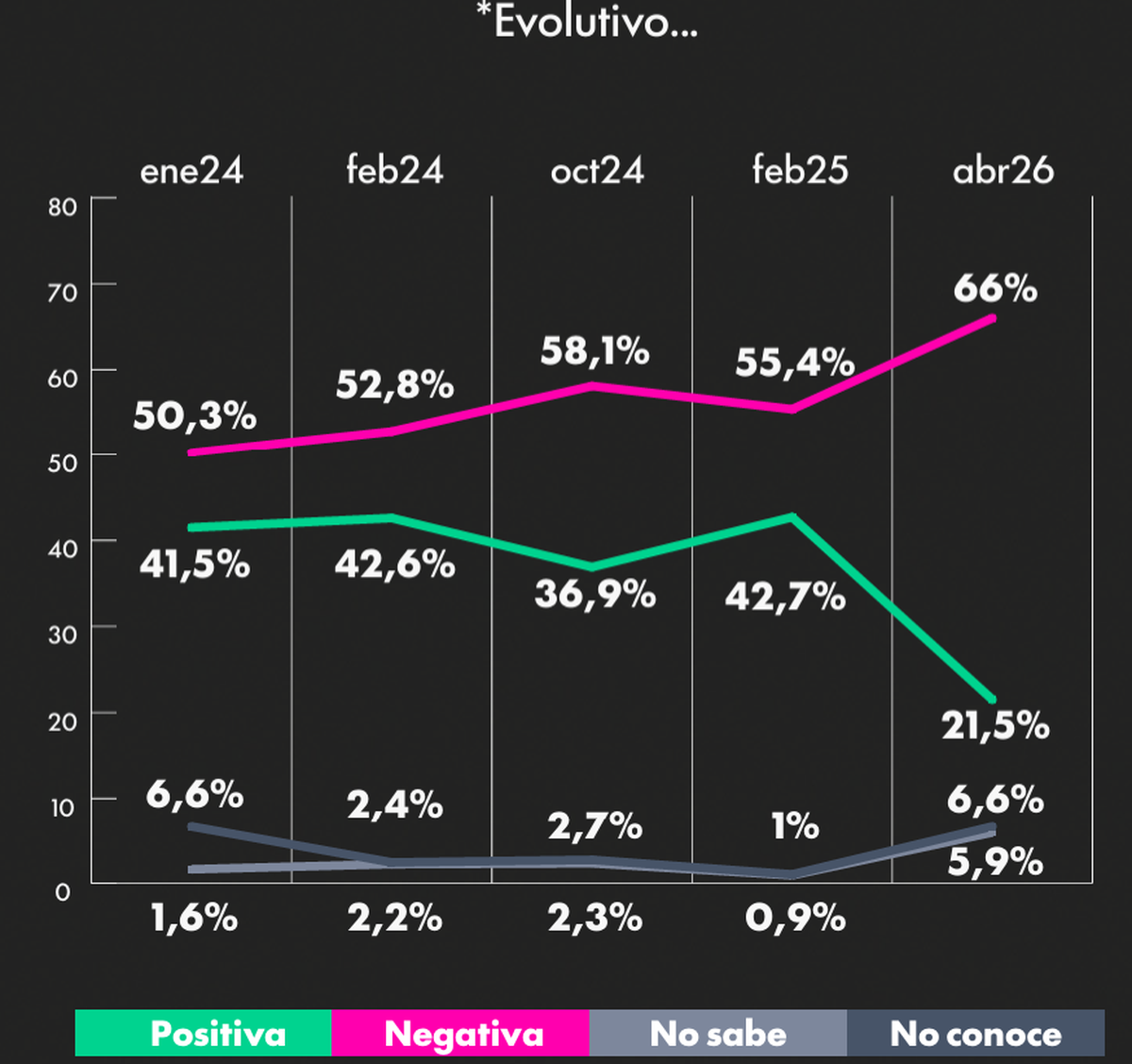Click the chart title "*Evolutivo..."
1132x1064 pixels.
tap(587, 21)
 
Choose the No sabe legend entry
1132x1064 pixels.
tap(718, 1034)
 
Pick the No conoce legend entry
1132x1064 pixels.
tap(975, 1034)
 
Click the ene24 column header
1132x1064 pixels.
tap(191, 171)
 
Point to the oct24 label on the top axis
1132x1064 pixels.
tap(597, 171)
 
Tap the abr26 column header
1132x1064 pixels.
tap(1003, 171)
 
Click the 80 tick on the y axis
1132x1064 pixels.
tap(62, 207)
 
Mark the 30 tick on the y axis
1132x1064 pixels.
tap(62, 634)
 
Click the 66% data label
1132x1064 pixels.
tap(995, 288)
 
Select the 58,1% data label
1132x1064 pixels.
tap(594, 351)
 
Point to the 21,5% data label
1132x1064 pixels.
tap(995, 725)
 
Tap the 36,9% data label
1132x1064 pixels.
tap(594, 594)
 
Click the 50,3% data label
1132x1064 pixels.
tap(194, 415)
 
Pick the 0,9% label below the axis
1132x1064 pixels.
tap(795, 917)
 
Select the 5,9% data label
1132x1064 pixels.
tap(995, 861)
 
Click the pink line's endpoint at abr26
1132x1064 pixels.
tap(992, 318)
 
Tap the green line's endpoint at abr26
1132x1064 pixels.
tap(992, 700)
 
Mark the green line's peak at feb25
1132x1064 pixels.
tap(792, 516)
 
